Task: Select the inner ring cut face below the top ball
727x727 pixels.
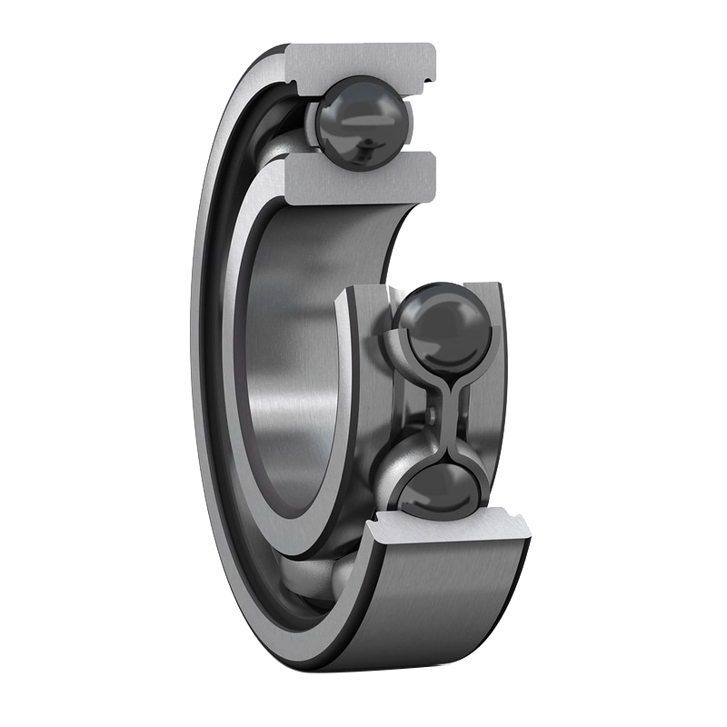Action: (x=359, y=177)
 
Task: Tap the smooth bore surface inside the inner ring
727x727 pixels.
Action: (x=291, y=382)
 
